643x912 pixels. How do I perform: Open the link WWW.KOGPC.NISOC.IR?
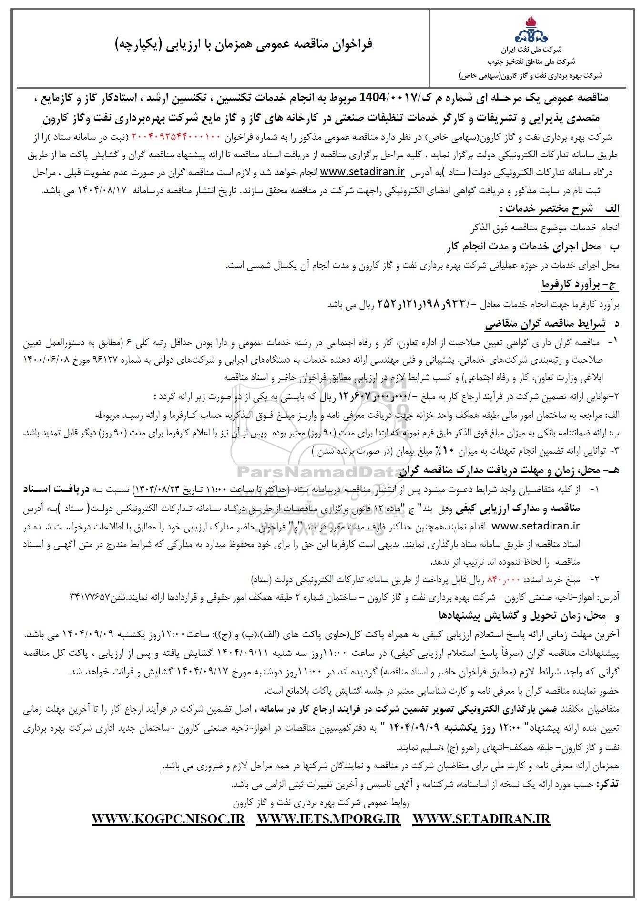click(x=168, y=819)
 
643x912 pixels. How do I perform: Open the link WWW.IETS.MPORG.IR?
click(x=328, y=819)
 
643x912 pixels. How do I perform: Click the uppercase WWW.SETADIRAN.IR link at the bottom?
click(x=481, y=819)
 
